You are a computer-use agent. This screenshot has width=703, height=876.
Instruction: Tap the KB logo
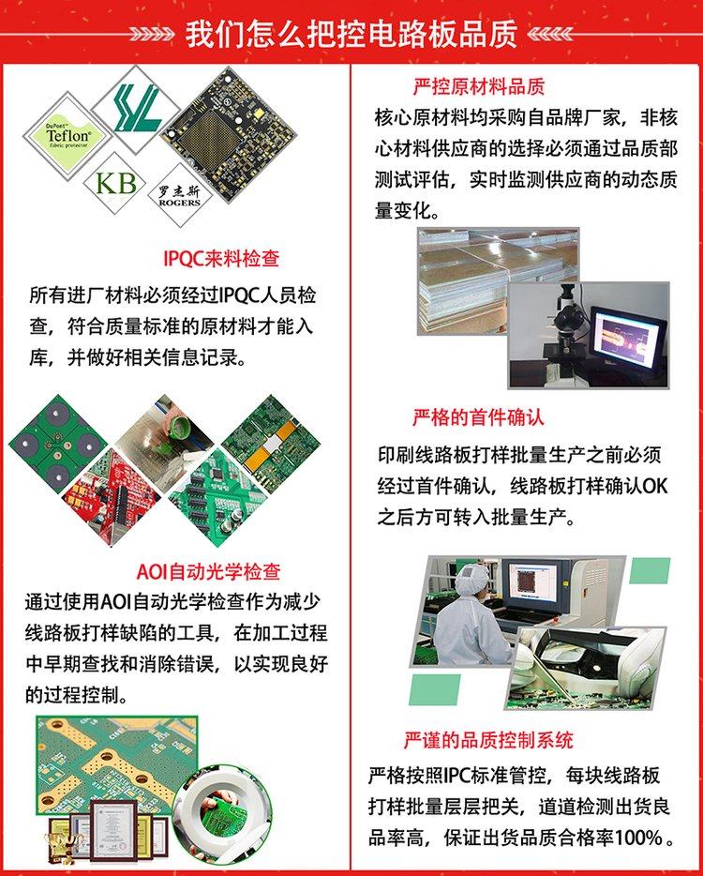point(115,181)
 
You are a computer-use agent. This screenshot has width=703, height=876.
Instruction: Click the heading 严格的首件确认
point(478,416)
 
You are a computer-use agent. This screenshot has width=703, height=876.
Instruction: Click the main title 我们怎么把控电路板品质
point(351,35)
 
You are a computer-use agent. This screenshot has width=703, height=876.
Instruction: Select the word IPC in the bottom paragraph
point(461,776)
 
